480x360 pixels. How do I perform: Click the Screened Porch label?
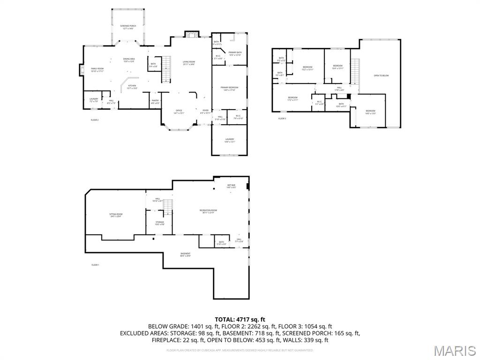coord(127,27)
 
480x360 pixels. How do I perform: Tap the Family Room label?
coord(97,70)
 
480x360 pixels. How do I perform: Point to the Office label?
coord(179,111)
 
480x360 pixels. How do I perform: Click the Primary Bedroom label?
coord(229,89)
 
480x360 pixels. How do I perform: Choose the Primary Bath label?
coord(235,53)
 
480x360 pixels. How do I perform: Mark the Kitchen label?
coord(132,87)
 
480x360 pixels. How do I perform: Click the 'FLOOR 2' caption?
coord(95,120)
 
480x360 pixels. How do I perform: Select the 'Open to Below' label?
coord(381,75)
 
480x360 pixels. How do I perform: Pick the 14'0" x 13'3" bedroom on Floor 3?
coord(370,112)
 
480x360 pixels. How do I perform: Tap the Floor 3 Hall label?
coord(339,89)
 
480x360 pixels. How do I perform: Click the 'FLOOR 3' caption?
coord(282,119)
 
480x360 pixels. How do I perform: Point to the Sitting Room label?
coord(115,216)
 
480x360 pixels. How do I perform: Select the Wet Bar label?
coord(231,186)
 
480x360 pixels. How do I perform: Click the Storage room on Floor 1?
coord(160,223)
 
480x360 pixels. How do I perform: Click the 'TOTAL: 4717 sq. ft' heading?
coord(240,319)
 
